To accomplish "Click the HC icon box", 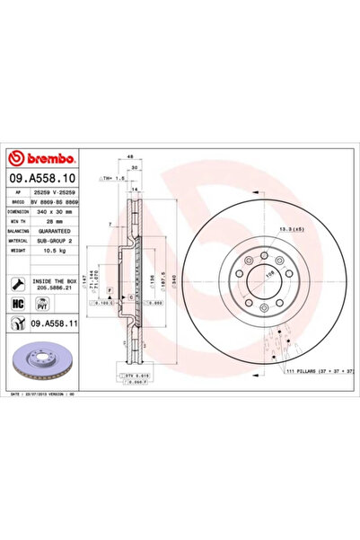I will tap(19, 305).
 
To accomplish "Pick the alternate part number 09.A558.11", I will tap(58, 324).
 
